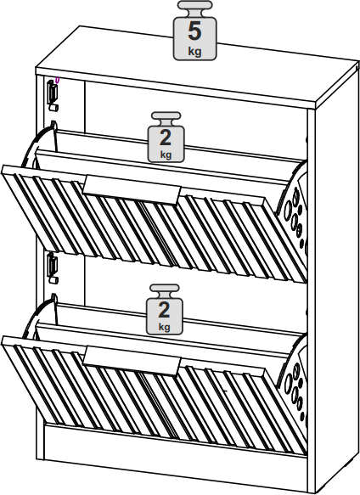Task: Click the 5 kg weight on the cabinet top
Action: tap(194, 31)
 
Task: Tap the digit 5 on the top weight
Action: tap(194, 31)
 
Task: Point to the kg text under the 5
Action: tap(194, 51)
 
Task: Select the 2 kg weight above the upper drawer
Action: tap(166, 137)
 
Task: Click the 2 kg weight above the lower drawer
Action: tap(164, 309)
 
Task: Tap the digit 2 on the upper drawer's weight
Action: tap(166, 138)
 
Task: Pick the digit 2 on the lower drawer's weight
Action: tap(164, 310)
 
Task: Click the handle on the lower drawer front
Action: tap(132, 361)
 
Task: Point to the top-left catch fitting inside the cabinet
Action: tap(53, 95)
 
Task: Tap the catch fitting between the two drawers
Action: tap(53, 267)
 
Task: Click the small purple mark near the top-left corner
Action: tap(57, 81)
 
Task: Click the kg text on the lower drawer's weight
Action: tap(164, 326)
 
